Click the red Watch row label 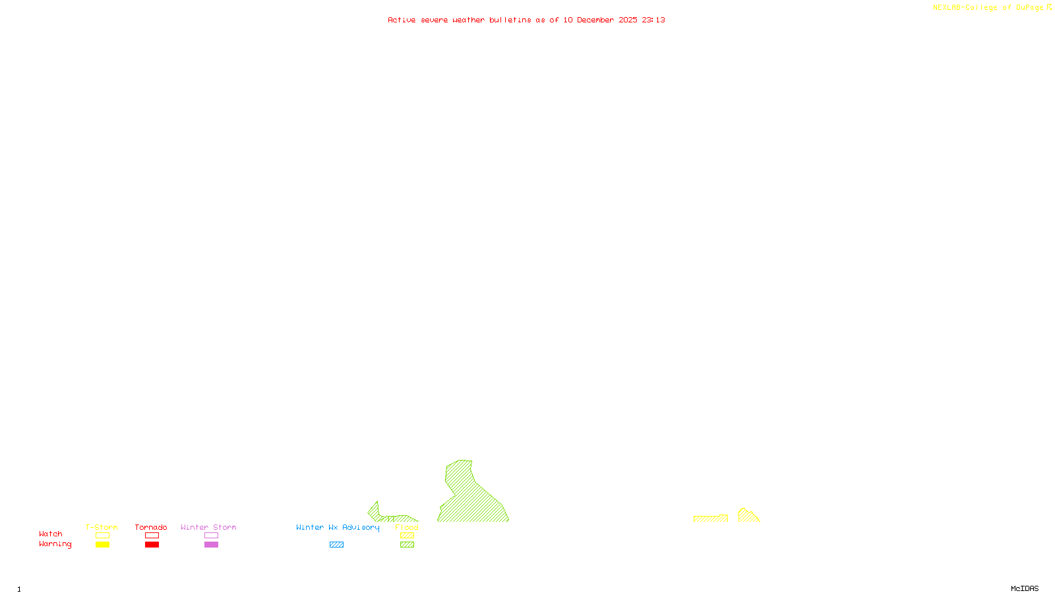click(x=51, y=534)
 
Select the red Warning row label click(x=55, y=544)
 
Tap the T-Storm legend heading click(x=102, y=527)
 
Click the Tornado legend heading click(x=151, y=527)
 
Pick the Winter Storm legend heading click(x=208, y=527)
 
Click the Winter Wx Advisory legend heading click(x=338, y=527)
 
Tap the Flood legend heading click(x=407, y=527)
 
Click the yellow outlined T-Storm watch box click(x=102, y=536)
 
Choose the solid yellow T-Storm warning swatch click(x=102, y=545)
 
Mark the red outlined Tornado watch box click(x=152, y=536)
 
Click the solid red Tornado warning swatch click(x=152, y=545)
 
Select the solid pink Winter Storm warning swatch click(x=211, y=545)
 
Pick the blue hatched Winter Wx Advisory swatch click(x=336, y=545)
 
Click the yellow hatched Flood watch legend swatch click(x=407, y=536)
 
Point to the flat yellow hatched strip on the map click(x=710, y=519)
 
